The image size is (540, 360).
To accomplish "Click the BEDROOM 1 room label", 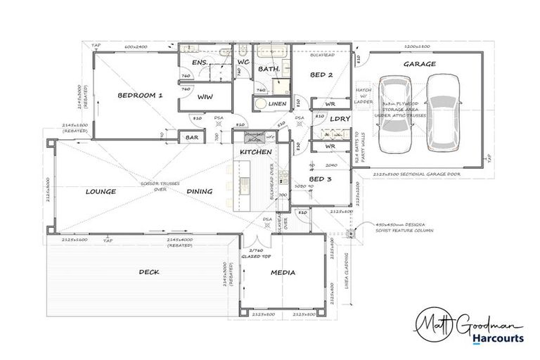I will coord(140,95).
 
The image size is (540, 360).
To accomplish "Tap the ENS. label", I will coord(200,63).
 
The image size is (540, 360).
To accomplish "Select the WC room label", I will coord(243,63).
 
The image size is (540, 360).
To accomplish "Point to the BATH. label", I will coord(269,70).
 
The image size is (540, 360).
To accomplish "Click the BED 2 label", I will coord(321,75).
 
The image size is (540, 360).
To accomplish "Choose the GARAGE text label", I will coord(419,64).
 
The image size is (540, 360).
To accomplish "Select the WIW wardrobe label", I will coord(205,97).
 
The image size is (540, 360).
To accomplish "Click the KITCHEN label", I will coord(256,152).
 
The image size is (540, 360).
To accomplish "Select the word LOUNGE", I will coord(101,191).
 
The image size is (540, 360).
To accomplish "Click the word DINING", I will coord(200,191).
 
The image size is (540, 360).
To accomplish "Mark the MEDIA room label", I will coord(283,272).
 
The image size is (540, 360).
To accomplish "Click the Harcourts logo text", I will coord(497,338).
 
